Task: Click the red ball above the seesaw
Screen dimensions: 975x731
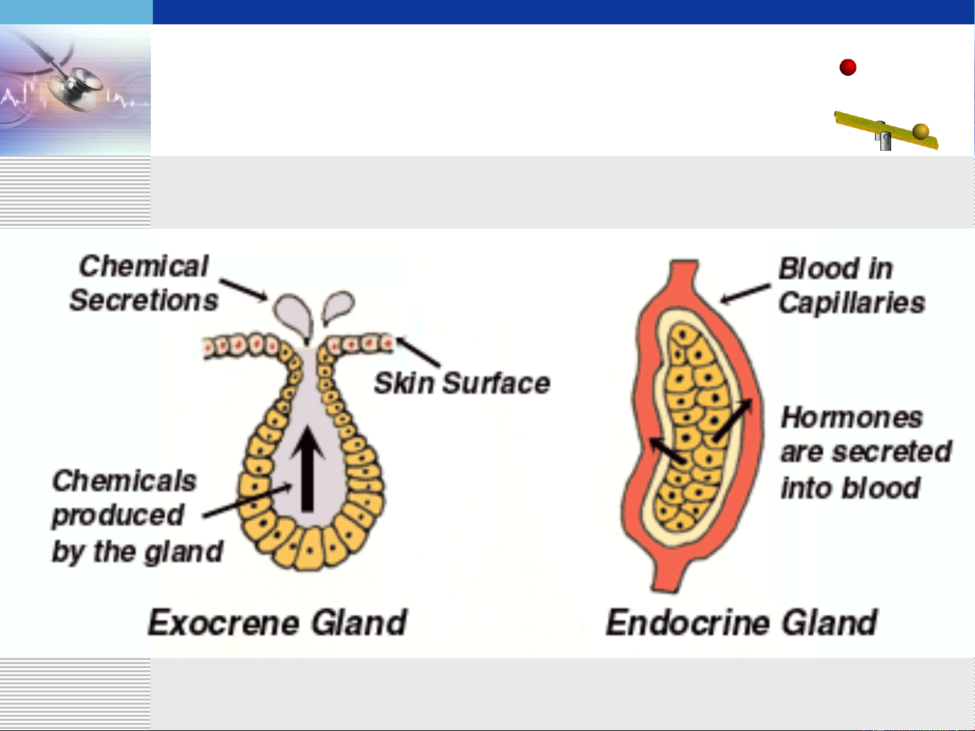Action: (848, 68)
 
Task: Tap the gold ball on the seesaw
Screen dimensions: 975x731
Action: (921, 131)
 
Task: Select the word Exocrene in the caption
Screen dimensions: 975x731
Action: (224, 622)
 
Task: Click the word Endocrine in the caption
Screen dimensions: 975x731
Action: (687, 622)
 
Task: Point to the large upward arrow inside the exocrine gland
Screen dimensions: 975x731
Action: (307, 469)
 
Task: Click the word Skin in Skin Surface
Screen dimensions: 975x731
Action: (403, 383)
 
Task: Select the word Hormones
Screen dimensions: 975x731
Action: (852, 418)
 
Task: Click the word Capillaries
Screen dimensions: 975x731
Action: (852, 304)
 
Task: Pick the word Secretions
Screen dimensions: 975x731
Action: (144, 300)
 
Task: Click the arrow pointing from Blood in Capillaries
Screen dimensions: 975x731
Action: (745, 293)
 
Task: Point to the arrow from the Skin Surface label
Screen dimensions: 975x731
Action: (417, 352)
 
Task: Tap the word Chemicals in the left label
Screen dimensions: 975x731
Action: (124, 481)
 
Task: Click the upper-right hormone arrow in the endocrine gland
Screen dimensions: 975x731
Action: (733, 420)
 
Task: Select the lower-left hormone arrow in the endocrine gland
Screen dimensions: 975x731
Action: (666, 450)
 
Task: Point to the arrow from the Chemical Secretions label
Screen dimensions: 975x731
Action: (244, 289)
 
